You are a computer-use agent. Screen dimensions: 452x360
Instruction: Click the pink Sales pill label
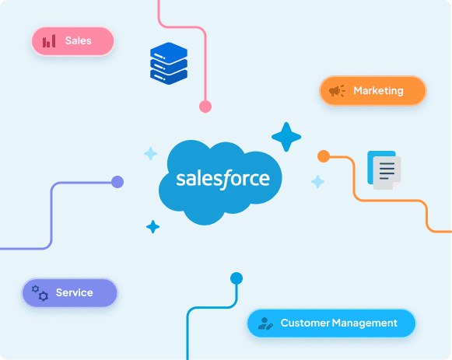tap(72, 41)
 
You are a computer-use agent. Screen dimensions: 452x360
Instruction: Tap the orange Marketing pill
tap(373, 91)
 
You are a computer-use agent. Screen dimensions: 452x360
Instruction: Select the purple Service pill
tap(70, 292)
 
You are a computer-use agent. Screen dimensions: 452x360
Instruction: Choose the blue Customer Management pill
tap(331, 323)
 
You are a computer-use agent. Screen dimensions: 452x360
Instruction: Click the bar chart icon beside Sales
tap(49, 41)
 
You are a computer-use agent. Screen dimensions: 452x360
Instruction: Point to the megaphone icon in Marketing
tap(337, 91)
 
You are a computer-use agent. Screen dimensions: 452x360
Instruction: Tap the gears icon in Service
tap(40, 293)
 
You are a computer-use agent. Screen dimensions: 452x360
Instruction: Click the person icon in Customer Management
tap(265, 323)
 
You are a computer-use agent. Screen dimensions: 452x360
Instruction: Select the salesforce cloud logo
tap(220, 182)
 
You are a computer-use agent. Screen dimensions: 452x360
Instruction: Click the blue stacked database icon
tap(169, 63)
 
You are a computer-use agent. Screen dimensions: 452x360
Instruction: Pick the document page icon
tap(384, 170)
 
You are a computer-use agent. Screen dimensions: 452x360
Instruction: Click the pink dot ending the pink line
tap(205, 107)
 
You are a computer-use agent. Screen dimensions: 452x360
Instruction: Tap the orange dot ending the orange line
tap(324, 156)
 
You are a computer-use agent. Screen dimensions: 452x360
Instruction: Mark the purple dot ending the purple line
tap(117, 182)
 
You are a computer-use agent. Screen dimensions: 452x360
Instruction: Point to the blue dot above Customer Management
tap(237, 278)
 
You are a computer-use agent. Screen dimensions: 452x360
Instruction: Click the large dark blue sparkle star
tap(286, 137)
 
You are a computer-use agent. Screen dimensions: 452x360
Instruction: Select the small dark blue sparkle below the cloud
tap(152, 227)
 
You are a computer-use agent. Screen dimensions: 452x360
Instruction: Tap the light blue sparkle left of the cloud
tap(150, 153)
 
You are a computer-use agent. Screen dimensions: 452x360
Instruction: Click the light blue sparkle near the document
tap(318, 182)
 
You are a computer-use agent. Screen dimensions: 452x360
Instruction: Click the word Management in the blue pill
tap(364, 323)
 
